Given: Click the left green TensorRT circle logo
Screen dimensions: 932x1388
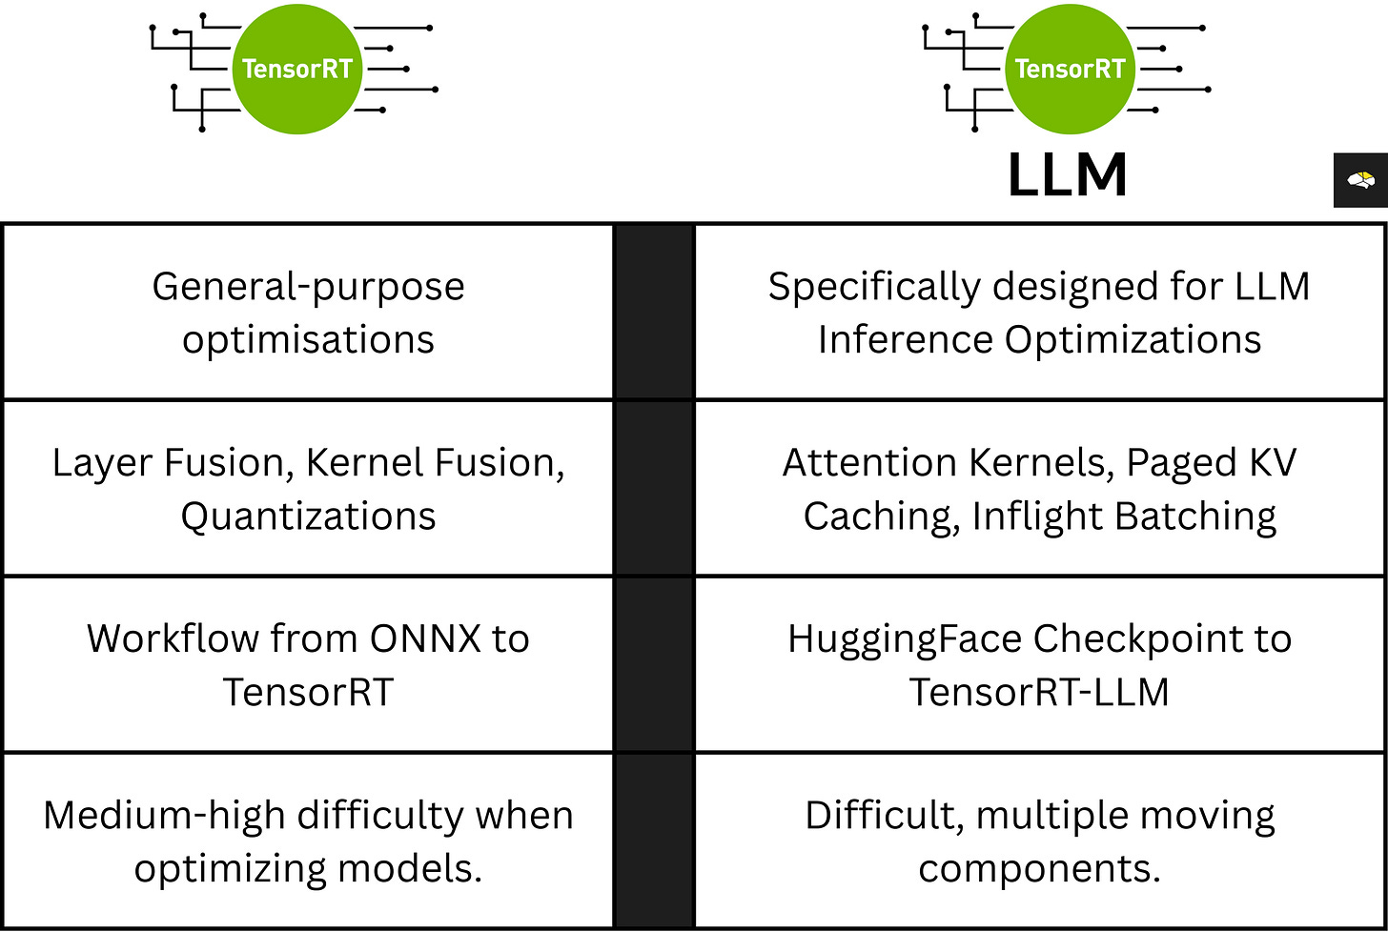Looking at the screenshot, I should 297,70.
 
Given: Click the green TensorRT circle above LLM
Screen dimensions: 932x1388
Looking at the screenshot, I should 1070,70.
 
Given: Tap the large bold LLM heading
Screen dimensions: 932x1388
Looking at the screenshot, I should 1068,176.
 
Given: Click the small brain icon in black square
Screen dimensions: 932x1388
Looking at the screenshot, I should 1359,180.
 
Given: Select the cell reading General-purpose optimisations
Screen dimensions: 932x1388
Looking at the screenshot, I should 308,313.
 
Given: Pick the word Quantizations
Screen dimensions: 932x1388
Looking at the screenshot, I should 308,516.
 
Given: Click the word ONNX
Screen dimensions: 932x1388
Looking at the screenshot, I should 420,638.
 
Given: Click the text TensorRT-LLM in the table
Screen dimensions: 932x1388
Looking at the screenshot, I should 1039,691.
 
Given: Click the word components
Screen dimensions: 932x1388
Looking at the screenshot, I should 1039,869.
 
